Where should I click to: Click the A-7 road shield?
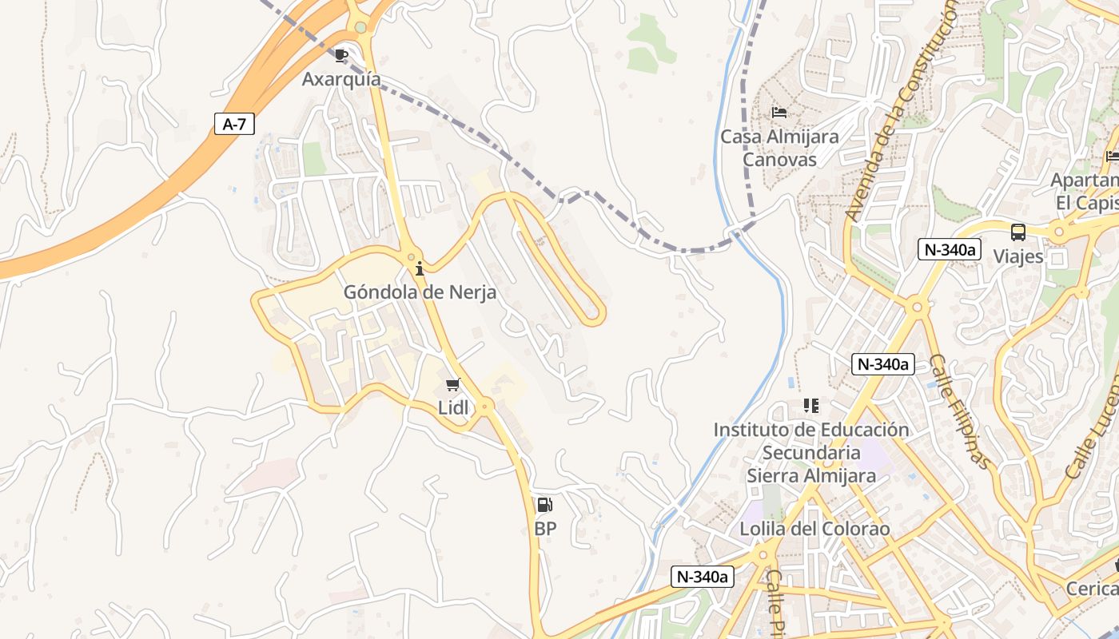(x=234, y=124)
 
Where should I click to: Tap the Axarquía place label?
(x=341, y=79)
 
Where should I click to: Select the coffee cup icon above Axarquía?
(x=341, y=55)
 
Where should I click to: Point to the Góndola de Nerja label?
(x=420, y=292)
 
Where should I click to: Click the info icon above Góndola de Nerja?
(x=420, y=268)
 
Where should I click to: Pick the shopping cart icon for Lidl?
(x=453, y=385)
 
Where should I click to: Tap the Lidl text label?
(x=453, y=407)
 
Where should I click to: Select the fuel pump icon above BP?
(x=544, y=505)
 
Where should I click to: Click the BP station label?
(x=545, y=529)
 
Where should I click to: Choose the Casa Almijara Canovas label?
(x=780, y=148)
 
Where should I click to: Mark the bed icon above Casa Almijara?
(x=779, y=112)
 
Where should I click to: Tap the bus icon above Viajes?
(x=1018, y=232)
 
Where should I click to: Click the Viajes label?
(x=1018, y=256)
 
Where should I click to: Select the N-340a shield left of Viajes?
(x=950, y=249)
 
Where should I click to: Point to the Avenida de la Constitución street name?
(x=902, y=112)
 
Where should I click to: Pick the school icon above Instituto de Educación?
(x=811, y=406)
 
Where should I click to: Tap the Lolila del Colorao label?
(x=814, y=529)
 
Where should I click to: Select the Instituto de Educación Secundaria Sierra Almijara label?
(x=811, y=453)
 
